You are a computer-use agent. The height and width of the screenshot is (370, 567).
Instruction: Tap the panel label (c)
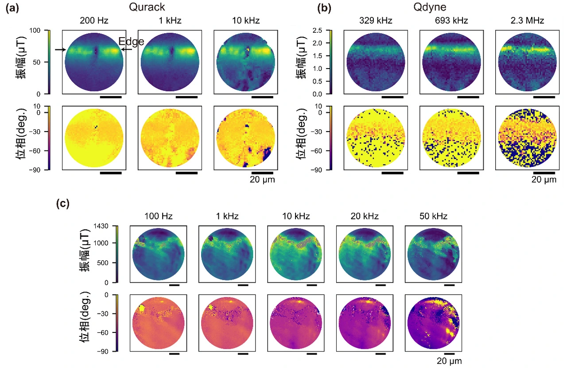coord(63,204)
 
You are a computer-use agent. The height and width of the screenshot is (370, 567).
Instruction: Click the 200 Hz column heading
coord(94,20)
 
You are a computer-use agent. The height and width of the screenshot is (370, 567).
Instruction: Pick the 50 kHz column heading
coord(433,216)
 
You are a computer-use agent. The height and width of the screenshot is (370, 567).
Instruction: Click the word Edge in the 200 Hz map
coord(131,42)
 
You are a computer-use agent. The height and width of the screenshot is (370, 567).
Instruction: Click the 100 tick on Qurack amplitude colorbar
coord(38,30)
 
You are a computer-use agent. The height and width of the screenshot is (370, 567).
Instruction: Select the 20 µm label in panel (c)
coord(449,361)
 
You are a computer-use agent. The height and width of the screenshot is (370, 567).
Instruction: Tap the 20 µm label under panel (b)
coord(544,179)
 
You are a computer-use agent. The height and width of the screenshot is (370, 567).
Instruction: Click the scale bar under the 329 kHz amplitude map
coord(392,96)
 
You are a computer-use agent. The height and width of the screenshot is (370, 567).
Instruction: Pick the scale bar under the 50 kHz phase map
coord(449,354)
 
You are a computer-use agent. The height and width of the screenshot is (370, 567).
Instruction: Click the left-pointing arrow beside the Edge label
coord(125,50)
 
